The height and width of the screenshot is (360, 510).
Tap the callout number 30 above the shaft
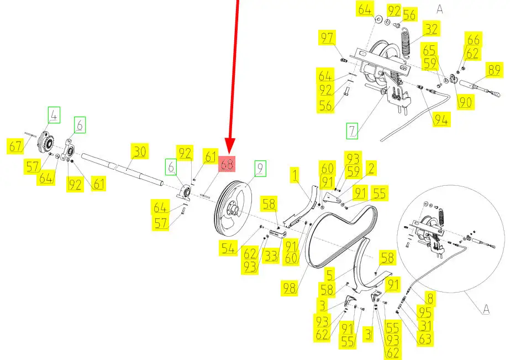[140, 152]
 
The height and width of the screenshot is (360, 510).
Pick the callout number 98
[290, 288]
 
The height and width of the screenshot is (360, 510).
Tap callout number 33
[270, 257]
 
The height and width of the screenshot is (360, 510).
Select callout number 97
[328, 38]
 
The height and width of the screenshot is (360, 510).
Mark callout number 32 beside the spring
[430, 28]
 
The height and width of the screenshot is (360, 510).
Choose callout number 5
[330, 274]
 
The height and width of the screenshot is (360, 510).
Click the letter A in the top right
[440, 9]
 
